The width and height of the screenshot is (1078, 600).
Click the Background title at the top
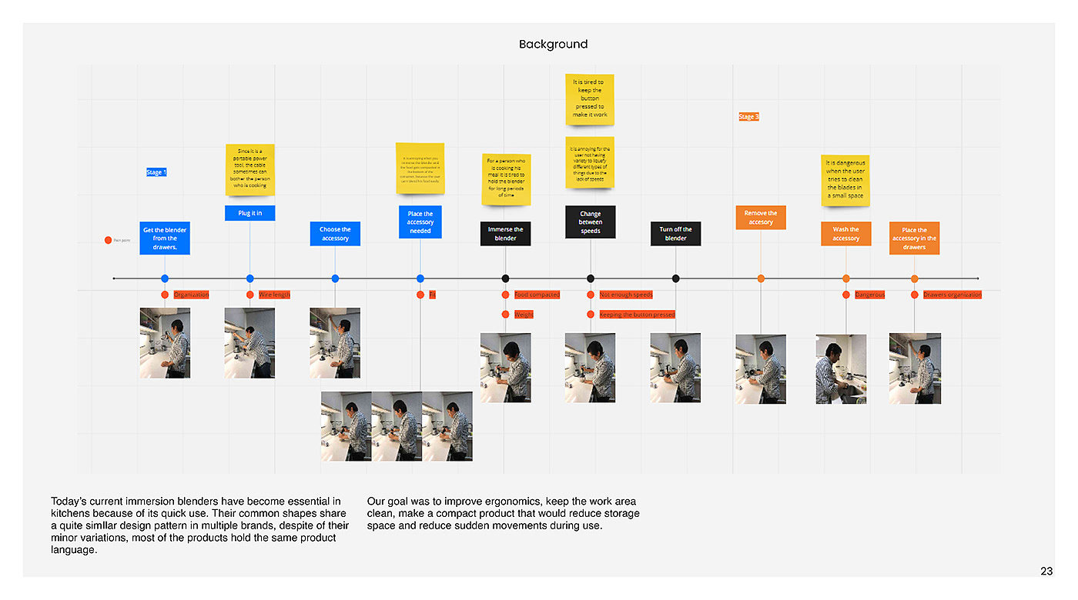pos(553,45)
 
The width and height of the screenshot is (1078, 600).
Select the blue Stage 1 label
pos(156,172)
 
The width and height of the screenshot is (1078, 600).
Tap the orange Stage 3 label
pos(748,117)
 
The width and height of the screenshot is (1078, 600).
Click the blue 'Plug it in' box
pos(249,213)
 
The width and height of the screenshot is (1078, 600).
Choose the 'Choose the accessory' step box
pos(335,234)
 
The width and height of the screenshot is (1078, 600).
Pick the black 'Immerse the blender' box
pos(505,234)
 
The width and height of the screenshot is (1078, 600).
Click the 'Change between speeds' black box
pos(591,222)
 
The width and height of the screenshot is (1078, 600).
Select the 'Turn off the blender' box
pos(675,234)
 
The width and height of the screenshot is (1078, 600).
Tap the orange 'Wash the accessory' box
pos(845,234)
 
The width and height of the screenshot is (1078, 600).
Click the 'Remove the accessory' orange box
pos(761,218)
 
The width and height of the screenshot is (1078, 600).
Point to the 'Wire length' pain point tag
pos(274,295)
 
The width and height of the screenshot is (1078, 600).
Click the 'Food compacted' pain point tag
pos(537,295)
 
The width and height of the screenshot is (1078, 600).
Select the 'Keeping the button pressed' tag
pos(637,315)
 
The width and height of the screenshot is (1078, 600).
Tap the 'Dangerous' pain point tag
pos(869,295)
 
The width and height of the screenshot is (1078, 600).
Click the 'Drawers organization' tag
pos(952,295)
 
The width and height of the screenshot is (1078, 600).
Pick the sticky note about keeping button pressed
pos(590,99)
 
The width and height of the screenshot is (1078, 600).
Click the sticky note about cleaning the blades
pos(845,180)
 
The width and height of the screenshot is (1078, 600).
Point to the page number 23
pos(1046,571)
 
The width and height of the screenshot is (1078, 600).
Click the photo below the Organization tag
pos(165,343)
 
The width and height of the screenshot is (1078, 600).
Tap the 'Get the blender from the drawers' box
pos(165,238)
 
